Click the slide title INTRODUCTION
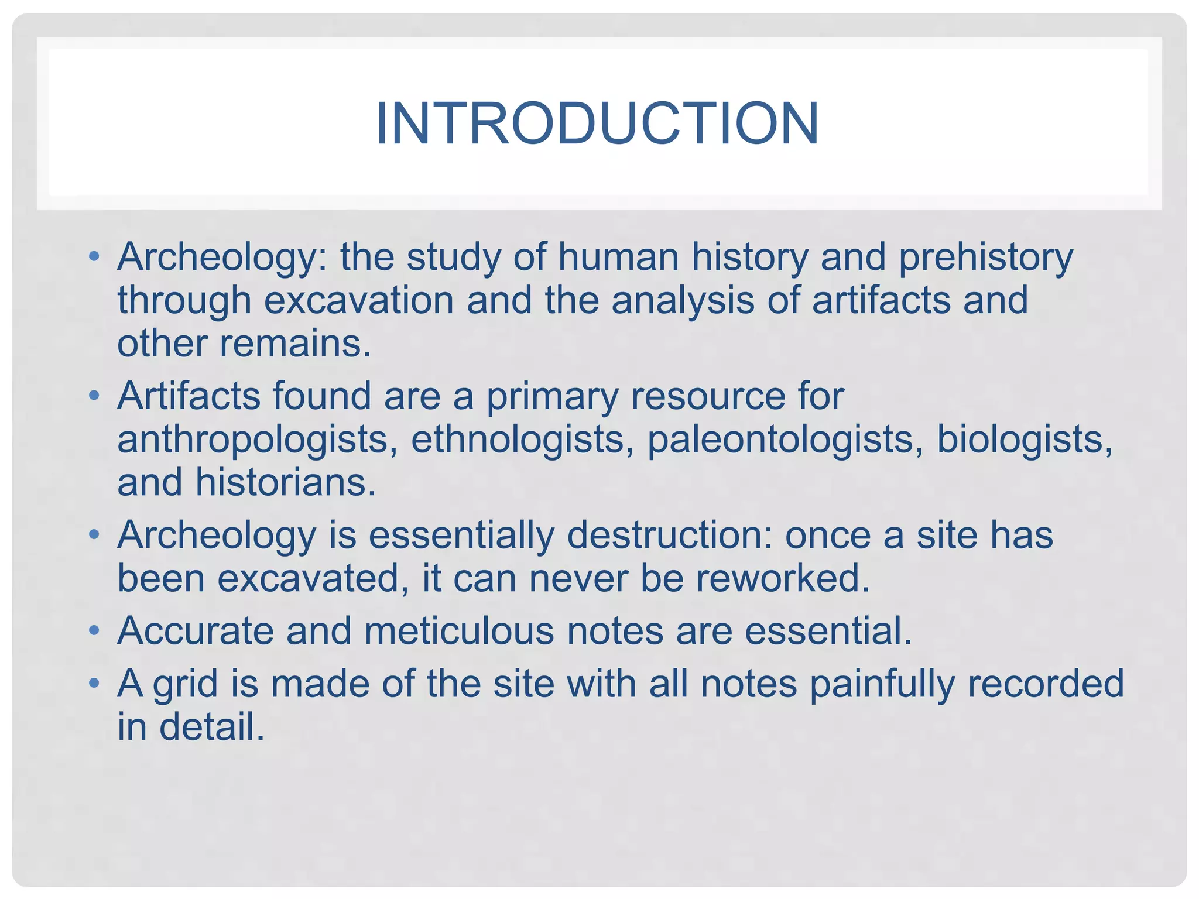pyautogui.click(x=597, y=123)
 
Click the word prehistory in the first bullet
pyautogui.click(x=986, y=258)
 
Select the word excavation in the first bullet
pyautogui.click(x=358, y=300)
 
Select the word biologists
pyautogui.click(x=1024, y=440)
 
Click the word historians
pyautogui.click(x=285, y=483)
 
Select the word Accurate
pyautogui.click(x=196, y=632)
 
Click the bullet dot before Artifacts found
pyautogui.click(x=94, y=397)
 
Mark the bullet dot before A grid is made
pyautogui.click(x=94, y=684)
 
